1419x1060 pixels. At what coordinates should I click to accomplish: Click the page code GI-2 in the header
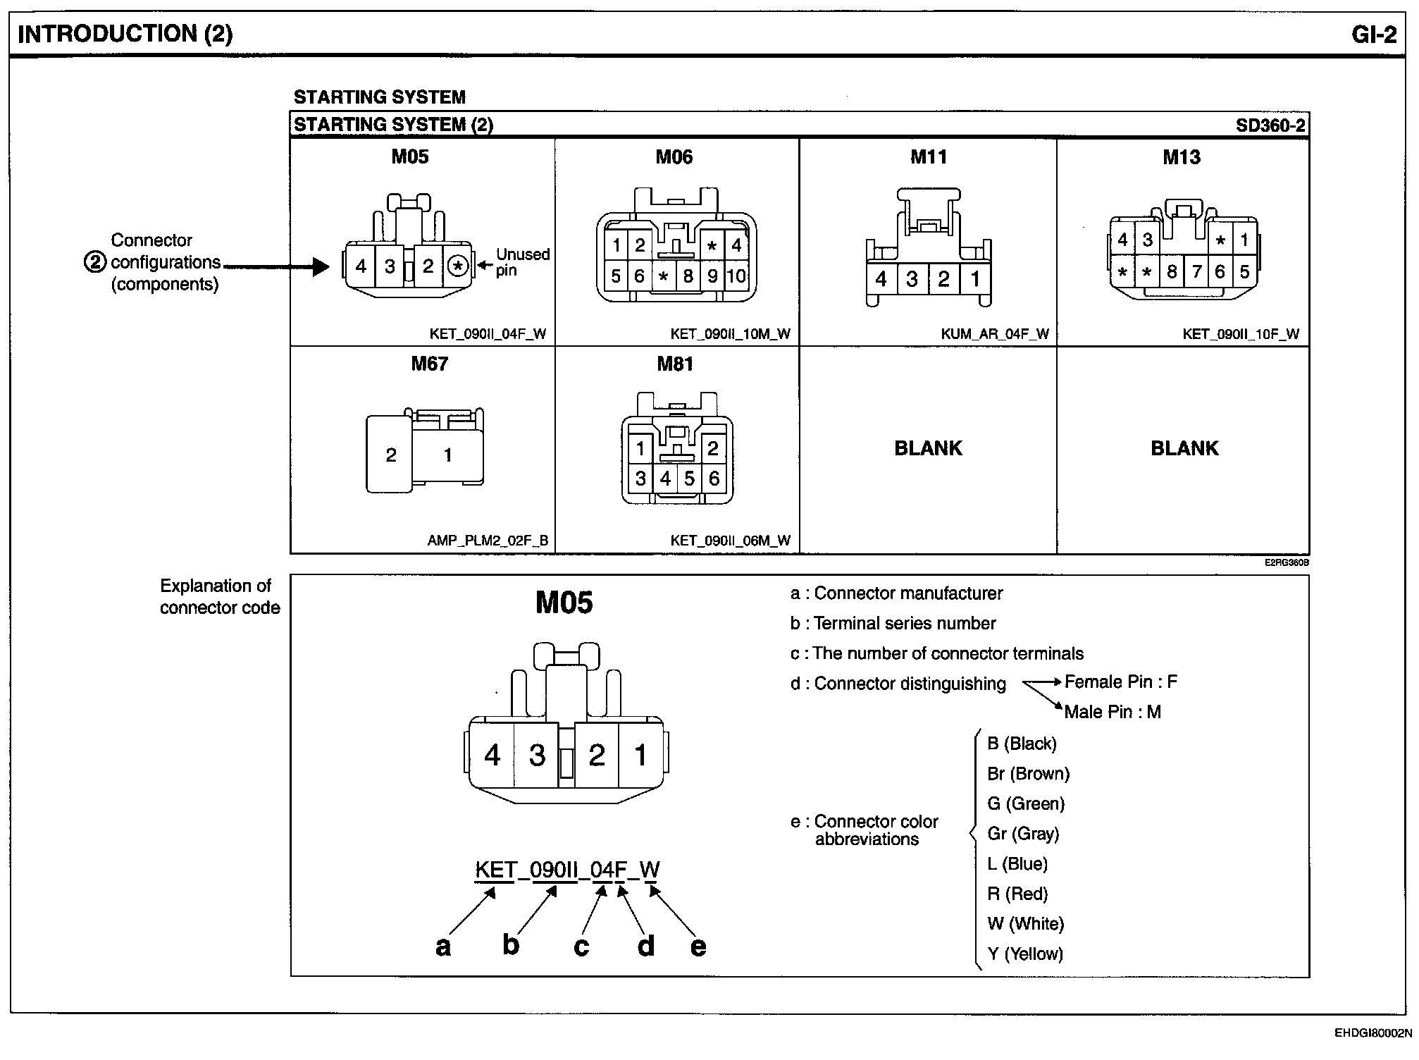[x=1373, y=35]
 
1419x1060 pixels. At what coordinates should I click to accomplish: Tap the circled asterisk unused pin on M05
[x=458, y=266]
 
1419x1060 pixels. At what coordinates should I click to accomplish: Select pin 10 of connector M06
[x=736, y=276]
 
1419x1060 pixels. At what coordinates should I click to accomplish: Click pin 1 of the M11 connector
[x=975, y=280]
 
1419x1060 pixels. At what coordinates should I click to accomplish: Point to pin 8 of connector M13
[x=1172, y=272]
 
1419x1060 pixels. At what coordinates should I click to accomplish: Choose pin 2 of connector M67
[x=391, y=455]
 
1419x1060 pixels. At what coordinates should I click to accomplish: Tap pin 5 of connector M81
[x=689, y=479]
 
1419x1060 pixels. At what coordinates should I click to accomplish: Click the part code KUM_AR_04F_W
[x=994, y=334]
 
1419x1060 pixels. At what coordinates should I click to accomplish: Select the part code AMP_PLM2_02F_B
[x=488, y=541]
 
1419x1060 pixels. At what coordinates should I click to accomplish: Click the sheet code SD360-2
[x=1270, y=125]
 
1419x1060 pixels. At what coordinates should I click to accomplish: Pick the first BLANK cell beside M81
[x=928, y=448]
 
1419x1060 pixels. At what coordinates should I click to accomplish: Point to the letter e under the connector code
[x=698, y=946]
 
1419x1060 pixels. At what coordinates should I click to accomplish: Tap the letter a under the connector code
[x=442, y=946]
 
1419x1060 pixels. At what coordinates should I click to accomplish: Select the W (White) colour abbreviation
[x=1025, y=923]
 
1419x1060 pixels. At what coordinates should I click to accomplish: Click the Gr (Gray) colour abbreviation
[x=1023, y=834]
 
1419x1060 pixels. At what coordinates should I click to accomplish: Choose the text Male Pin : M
[x=1112, y=712]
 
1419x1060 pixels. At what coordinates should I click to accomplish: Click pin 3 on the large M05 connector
[x=537, y=756]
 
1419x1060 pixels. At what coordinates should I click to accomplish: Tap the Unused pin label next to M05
[x=522, y=261]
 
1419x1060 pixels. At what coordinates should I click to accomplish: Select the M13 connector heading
[x=1181, y=157]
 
